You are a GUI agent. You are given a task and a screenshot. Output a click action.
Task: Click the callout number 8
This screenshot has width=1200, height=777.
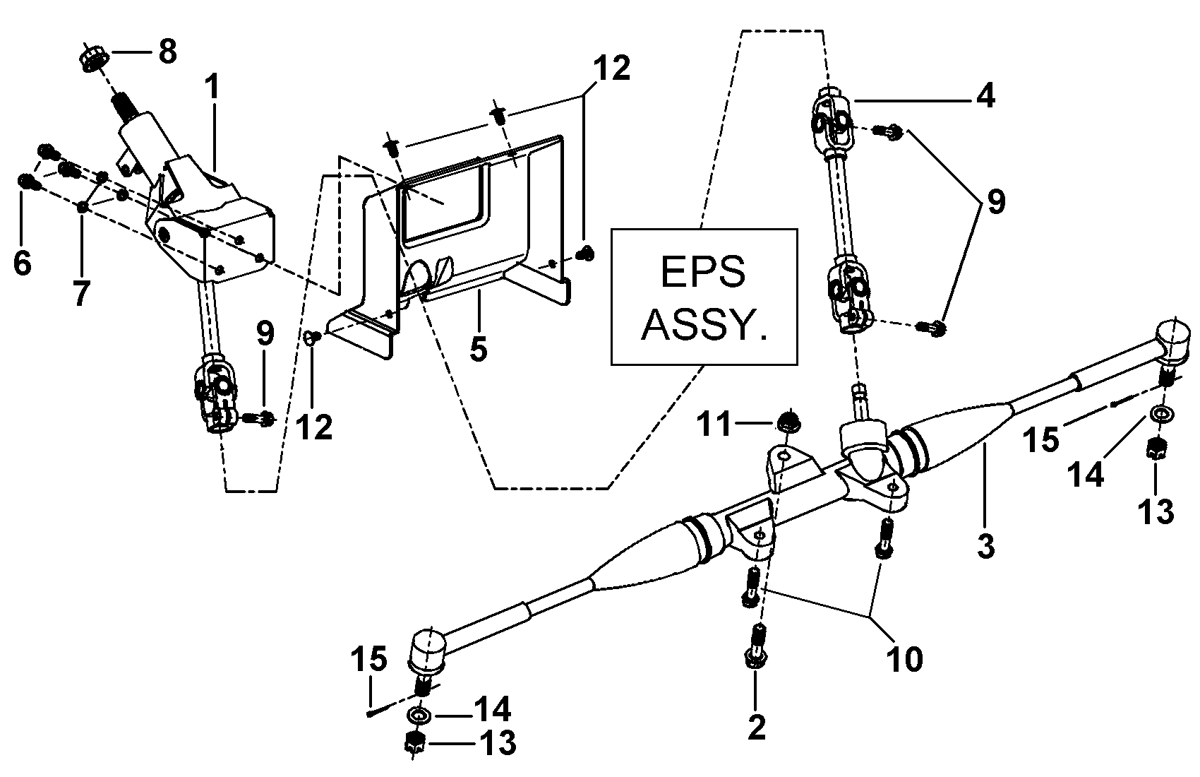pos(167,52)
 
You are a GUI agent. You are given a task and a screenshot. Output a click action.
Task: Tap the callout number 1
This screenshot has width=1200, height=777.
pos(212,86)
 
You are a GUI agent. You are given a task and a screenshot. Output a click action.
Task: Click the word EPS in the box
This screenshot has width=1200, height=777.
pos(703,272)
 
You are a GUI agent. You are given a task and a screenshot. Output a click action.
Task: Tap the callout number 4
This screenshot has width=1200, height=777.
pos(985,96)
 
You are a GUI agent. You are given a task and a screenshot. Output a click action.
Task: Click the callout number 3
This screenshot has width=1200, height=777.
pos(985,546)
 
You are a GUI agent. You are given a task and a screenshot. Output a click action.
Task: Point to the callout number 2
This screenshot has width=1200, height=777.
pos(757,727)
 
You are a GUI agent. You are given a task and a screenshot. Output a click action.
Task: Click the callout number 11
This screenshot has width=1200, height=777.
pos(714,425)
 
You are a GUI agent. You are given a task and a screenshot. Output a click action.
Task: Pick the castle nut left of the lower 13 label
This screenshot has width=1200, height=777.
pos(414,743)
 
